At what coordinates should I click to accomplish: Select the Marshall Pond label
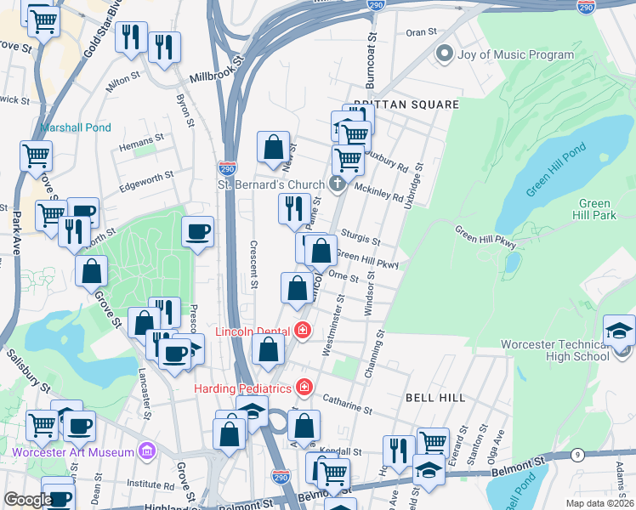click(76, 128)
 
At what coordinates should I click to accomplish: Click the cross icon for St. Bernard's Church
click(338, 184)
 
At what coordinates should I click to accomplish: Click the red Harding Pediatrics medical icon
click(304, 388)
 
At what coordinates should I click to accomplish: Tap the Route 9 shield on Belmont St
click(578, 456)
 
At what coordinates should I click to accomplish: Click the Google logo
click(27, 500)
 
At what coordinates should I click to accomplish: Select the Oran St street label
click(421, 31)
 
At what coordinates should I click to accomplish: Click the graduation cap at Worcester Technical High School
click(619, 330)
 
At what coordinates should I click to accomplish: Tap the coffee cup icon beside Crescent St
click(197, 232)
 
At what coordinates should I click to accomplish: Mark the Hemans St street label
click(142, 139)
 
